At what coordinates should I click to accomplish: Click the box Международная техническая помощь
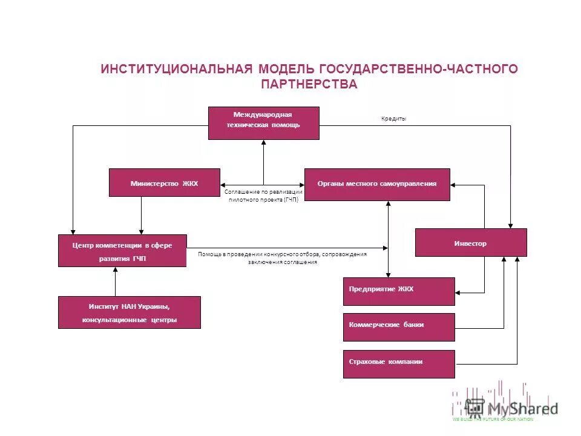point(264,123)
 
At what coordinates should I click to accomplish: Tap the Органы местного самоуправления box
point(377,184)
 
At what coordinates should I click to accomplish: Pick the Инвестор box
point(471,242)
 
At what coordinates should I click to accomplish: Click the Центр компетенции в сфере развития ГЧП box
point(122,251)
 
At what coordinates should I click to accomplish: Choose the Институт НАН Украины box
point(129,312)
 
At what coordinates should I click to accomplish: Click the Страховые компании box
point(399,364)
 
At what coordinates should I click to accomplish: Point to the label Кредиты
point(394,119)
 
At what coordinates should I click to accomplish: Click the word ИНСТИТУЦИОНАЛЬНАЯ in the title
point(176,69)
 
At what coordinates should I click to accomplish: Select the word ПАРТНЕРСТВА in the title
point(309,84)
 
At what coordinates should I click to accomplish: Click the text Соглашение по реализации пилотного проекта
point(264,195)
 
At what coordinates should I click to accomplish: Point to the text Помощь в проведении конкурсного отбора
point(282,258)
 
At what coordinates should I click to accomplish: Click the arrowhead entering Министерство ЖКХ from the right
point(223,184)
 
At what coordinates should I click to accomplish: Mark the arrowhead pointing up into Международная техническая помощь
point(264,143)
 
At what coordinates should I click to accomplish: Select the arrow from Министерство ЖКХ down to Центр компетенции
point(142,216)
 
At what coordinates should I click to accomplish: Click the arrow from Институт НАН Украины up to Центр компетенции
point(115,282)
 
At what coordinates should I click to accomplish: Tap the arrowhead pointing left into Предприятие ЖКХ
point(458,293)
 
